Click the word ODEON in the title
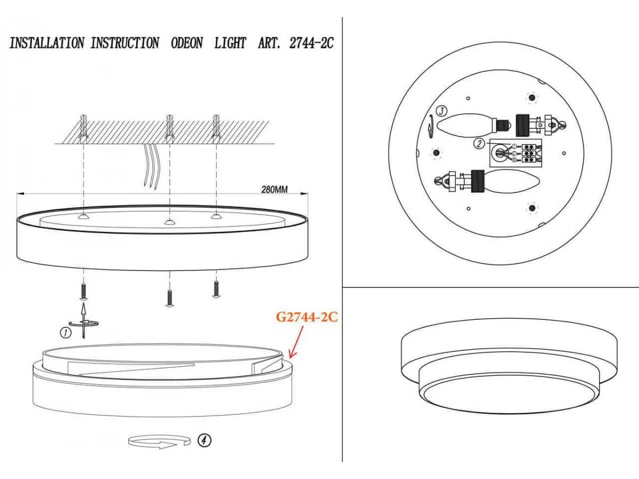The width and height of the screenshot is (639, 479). coord(186,43)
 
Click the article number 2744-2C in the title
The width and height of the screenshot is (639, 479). coord(311,43)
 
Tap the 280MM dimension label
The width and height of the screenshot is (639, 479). coord(274,189)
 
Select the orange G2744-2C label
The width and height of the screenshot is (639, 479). coord(307,317)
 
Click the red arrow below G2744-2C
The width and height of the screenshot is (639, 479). coord(297,342)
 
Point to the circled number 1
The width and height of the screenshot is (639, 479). coord(65,333)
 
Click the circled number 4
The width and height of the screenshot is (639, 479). coord(204,440)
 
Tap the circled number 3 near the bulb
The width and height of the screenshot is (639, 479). coord(441,111)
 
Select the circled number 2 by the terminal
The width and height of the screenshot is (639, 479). coord(479,143)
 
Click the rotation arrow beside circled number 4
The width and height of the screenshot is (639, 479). coord(160,442)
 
